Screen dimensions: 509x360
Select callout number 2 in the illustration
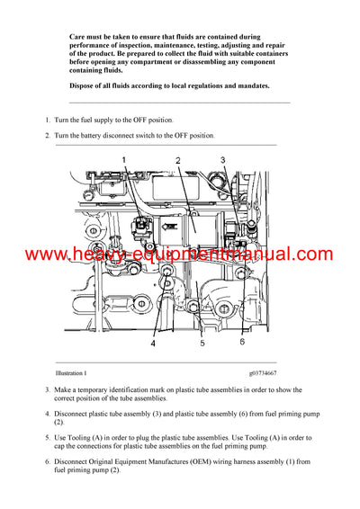[x=178, y=159]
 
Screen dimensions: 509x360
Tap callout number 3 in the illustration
[x=223, y=159]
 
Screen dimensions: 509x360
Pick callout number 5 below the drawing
[x=202, y=344]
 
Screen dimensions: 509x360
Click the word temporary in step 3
[x=97, y=390]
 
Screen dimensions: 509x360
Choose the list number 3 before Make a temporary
[x=46, y=390]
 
